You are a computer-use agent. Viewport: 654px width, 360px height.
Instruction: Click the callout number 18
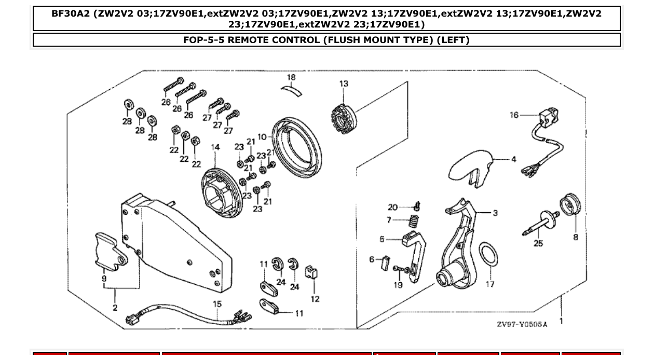click(291, 77)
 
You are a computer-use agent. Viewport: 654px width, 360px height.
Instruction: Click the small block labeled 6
click(386, 262)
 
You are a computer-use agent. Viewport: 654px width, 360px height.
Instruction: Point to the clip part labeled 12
click(312, 273)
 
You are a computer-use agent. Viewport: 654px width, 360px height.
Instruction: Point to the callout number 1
click(561, 321)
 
